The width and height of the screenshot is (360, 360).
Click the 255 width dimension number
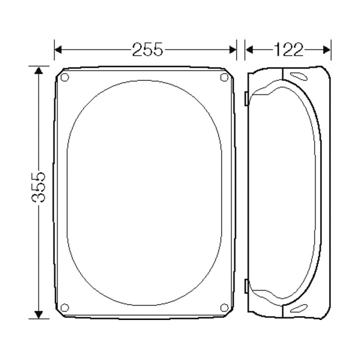pyautogui.click(x=147, y=49)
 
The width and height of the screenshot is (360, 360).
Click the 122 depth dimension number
pyautogui.click(x=288, y=49)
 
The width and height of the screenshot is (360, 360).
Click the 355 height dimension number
pyautogui.click(x=38, y=187)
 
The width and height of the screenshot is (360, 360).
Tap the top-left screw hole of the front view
pyautogui.click(x=64, y=77)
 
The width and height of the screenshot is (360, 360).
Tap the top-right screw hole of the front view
pyautogui.click(x=224, y=77)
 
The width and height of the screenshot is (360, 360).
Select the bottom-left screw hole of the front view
pyautogui.click(x=64, y=307)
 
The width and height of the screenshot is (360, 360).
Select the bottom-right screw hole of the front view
pyautogui.click(x=224, y=307)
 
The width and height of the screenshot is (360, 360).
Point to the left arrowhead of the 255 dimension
pyautogui.click(x=58, y=49)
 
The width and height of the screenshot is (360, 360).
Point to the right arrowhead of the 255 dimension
pyautogui.click(x=233, y=49)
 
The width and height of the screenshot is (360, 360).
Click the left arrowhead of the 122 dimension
pyautogui.click(x=249, y=49)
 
